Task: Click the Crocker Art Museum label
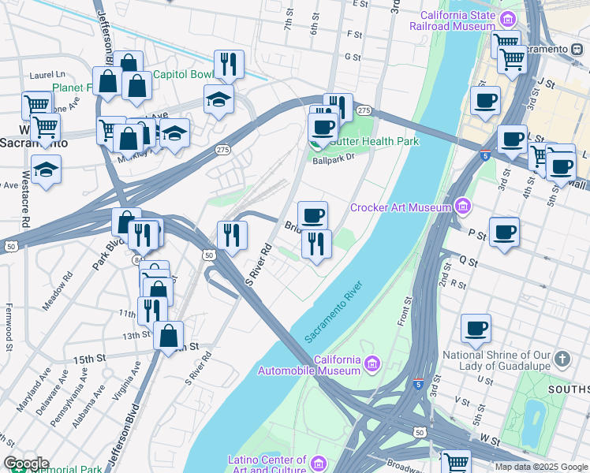pos(400,207)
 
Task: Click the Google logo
pos(25,464)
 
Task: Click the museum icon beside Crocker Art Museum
pos(464,207)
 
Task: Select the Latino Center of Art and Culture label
pos(267,465)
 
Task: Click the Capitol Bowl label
pos(183,75)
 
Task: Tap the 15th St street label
pos(89,359)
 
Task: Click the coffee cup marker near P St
pos(505,232)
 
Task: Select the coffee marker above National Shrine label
pos(475,328)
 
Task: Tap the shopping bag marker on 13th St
pos(169,335)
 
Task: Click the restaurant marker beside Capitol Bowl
pos(229,64)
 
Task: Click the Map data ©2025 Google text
pos(541,467)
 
